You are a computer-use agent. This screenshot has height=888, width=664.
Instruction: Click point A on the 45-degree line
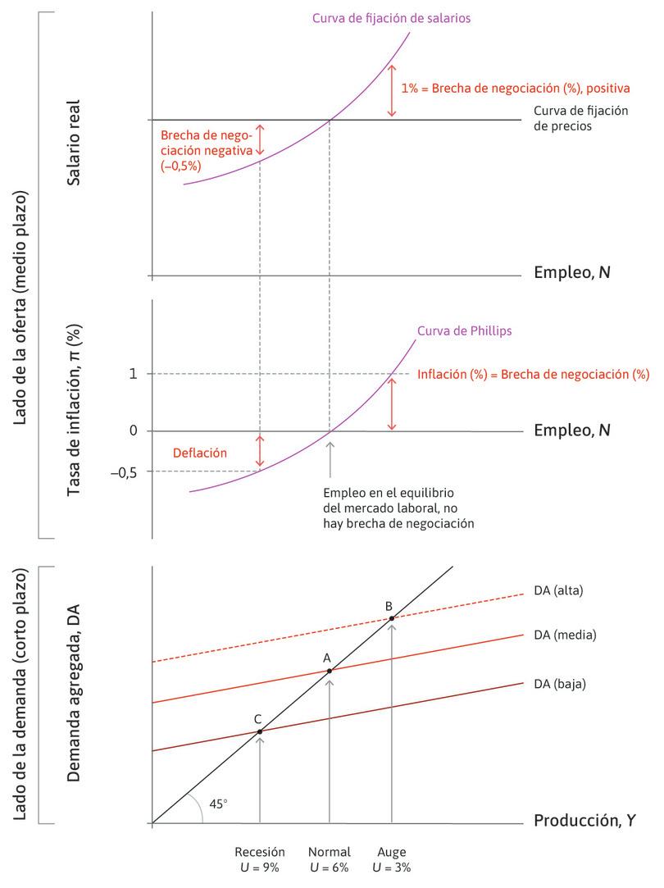[x=330, y=671]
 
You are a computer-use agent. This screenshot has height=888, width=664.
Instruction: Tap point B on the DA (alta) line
[x=392, y=617]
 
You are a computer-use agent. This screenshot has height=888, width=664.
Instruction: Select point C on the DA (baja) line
[x=260, y=731]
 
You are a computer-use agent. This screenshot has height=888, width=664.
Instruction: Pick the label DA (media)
[x=564, y=635]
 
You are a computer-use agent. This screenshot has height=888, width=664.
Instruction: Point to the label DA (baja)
[x=561, y=682]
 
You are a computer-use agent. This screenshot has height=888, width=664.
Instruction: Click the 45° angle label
[x=218, y=804]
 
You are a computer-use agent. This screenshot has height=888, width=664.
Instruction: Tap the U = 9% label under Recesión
[x=259, y=868]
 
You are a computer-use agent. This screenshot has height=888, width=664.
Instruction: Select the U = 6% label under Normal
[x=330, y=868]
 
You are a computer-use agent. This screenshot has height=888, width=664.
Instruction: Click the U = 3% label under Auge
[x=392, y=868]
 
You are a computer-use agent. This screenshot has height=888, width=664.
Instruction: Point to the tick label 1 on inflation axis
[x=133, y=374]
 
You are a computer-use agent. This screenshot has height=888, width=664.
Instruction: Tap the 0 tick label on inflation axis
[x=133, y=431]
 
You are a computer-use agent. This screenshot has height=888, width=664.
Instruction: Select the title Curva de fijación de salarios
[x=391, y=18]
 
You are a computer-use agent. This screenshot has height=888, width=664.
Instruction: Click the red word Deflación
[x=199, y=452]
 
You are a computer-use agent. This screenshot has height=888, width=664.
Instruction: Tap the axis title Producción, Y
[x=584, y=820]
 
